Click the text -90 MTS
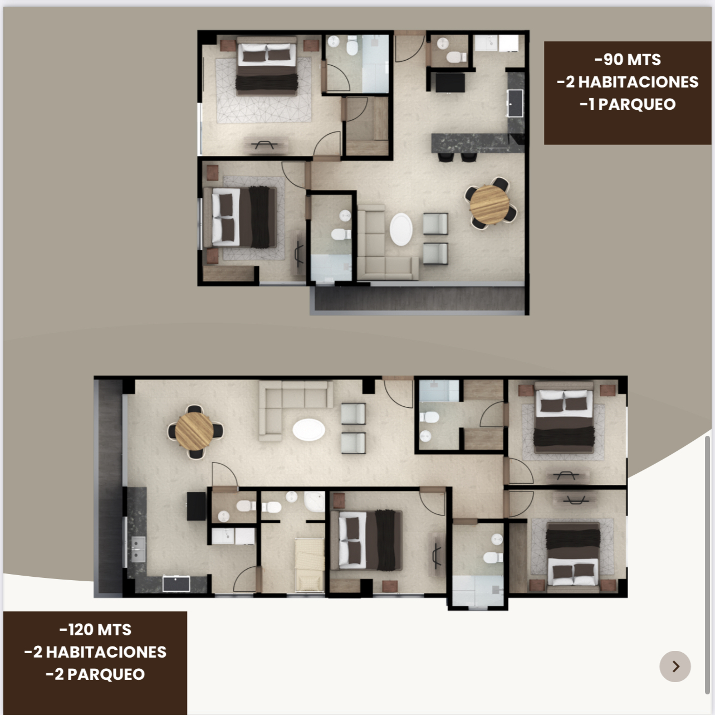(628, 60)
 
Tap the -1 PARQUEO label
(628, 104)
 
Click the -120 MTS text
(95, 630)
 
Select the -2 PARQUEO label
(95, 674)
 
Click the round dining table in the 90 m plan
(489, 204)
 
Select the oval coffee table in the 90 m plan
(401, 229)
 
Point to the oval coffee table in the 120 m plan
(308, 430)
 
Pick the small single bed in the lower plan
(309, 565)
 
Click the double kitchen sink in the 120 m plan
(138, 549)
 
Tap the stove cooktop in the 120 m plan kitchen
(176, 583)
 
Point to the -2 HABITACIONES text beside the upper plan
(628, 82)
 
